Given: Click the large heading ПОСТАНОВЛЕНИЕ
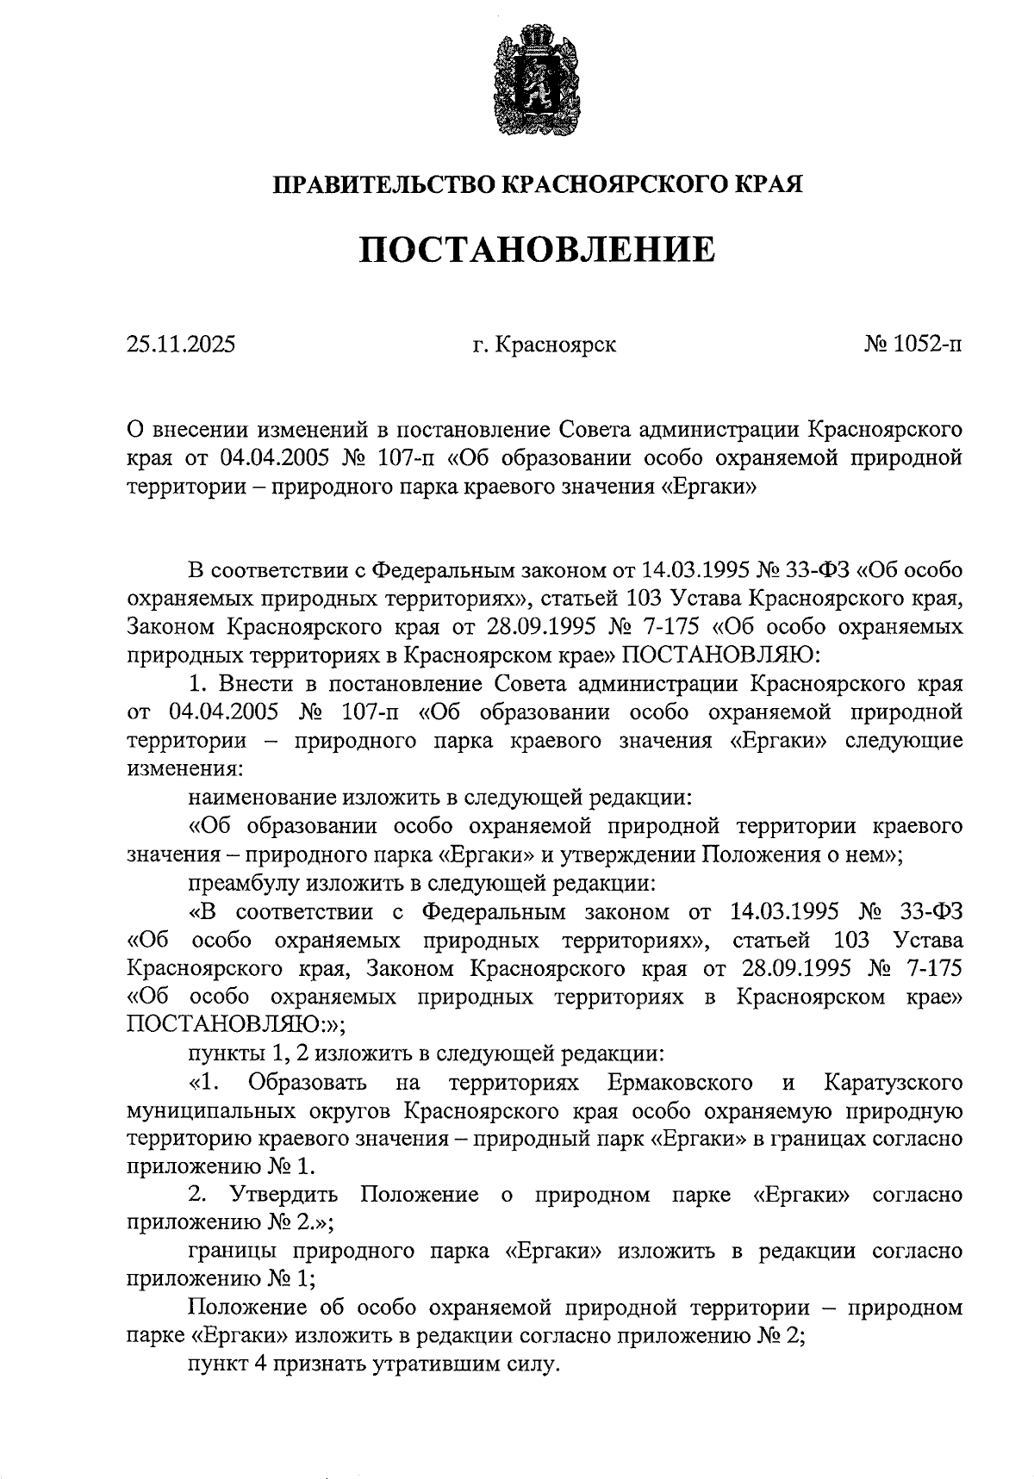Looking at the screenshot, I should [x=537, y=250].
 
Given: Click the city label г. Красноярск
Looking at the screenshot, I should [x=544, y=345].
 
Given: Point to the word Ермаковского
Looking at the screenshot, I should [x=681, y=1082].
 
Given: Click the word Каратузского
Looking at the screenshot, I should [x=893, y=1082].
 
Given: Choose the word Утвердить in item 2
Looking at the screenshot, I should [x=283, y=1196].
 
